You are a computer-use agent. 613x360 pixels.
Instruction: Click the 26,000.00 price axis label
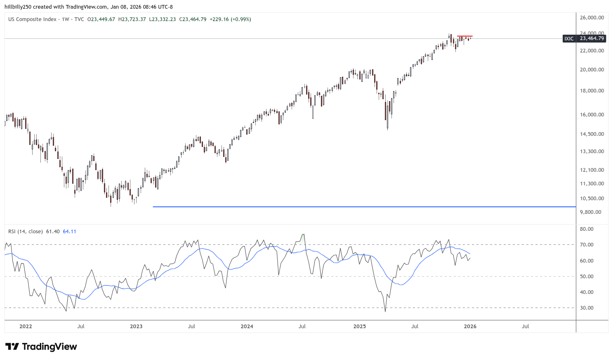592,18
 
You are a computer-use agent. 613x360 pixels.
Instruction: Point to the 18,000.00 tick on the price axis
592,91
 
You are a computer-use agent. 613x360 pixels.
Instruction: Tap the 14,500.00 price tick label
592,134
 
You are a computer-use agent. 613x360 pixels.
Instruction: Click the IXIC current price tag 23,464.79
592,38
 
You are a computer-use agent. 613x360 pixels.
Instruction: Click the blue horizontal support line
363,206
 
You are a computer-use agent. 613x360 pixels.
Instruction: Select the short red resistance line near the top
464,36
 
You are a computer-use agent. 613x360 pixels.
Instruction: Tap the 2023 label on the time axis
136,327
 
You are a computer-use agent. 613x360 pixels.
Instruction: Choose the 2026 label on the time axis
470,327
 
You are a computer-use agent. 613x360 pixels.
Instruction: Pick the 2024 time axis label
247,327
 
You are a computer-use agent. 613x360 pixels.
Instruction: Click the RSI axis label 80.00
587,229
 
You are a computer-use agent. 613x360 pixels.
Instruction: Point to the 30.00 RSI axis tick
587,308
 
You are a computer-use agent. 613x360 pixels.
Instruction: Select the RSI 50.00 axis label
587,277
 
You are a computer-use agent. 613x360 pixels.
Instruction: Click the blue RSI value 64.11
69,232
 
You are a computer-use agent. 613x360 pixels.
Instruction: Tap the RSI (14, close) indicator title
25,232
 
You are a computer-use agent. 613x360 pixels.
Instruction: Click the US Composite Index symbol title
32,19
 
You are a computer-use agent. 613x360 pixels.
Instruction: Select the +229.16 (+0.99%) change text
230,19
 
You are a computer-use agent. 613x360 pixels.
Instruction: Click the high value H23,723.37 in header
132,19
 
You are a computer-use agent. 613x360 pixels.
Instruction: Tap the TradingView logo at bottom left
41,347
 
